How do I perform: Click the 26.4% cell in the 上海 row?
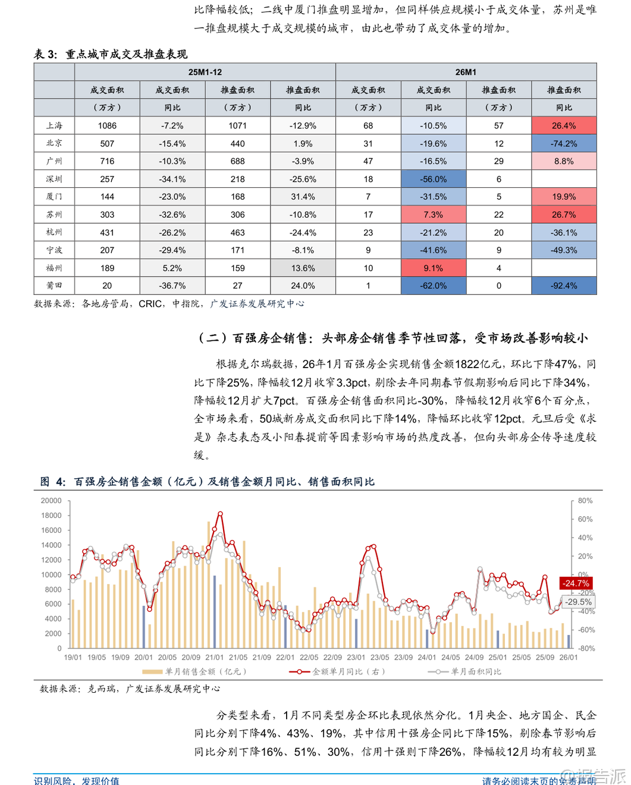coord(564,125)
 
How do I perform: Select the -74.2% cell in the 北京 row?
coord(564,143)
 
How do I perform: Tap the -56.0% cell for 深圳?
coord(434,179)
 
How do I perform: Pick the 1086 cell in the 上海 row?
coord(107,125)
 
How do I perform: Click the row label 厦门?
coord(54,197)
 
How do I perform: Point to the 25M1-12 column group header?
coord(205,72)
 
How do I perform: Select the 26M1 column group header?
coord(466,72)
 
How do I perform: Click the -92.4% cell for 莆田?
coord(564,285)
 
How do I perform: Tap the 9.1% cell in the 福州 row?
coord(434,268)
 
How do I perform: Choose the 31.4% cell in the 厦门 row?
coord(303,197)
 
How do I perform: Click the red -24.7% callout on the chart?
coord(576,583)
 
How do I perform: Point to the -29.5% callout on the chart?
coord(578,602)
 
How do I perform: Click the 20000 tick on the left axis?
coord(51,501)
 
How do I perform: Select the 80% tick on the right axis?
coord(585,501)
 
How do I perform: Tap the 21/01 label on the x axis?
coord(214,657)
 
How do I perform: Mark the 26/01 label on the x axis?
coord(569,657)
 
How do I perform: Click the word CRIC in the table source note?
coord(150,304)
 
